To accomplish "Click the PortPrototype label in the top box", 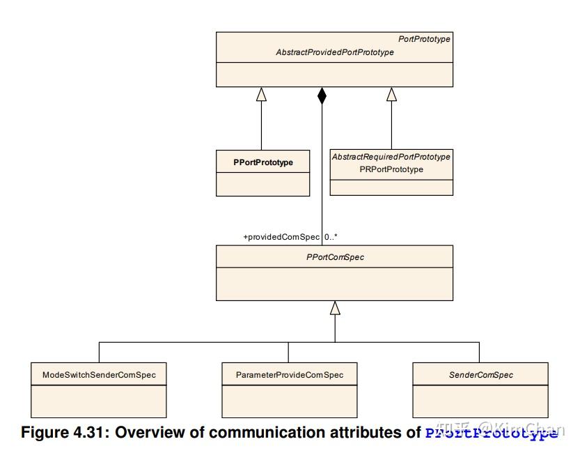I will pyautogui.click(x=424, y=40).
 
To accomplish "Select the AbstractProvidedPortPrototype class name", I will pyautogui.click(x=335, y=52).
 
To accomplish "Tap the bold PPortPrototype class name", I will pyautogui.click(x=263, y=162).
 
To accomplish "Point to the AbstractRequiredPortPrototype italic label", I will pyautogui.click(x=391, y=157).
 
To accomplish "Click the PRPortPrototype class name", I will pyautogui.click(x=391, y=169).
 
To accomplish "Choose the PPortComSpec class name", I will pyautogui.click(x=335, y=257).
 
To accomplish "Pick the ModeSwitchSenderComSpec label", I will pyautogui.click(x=99, y=375).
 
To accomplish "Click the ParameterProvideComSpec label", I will pyautogui.click(x=288, y=375).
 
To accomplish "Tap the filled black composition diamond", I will pyautogui.click(x=322, y=96).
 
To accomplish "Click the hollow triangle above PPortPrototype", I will pyautogui.click(x=262, y=94).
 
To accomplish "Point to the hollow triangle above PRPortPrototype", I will pyautogui.click(x=391, y=94).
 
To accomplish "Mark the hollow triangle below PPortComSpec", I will pyautogui.click(x=335, y=307).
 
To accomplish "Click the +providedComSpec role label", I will pyautogui.click(x=281, y=237).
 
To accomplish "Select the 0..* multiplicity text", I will pyautogui.click(x=332, y=237).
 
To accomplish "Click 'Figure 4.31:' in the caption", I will pyautogui.click(x=65, y=433).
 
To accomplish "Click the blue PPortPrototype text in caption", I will pyautogui.click(x=492, y=433).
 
